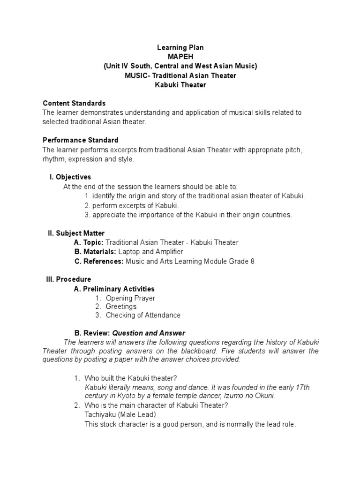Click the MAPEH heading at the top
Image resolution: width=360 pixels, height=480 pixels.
[180, 57]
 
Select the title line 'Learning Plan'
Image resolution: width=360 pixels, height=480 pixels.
[180, 48]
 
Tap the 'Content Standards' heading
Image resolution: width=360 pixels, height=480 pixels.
[74, 103]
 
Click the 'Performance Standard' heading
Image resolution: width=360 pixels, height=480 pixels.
[80, 140]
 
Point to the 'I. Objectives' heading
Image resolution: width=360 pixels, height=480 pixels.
[70, 177]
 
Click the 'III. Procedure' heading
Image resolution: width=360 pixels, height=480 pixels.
[68, 279]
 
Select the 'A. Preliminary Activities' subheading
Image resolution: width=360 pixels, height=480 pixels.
[114, 289]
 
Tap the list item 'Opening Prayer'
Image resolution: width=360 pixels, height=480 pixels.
[130, 298]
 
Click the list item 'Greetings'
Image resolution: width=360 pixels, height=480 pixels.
[121, 307]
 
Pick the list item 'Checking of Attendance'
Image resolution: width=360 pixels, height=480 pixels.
[143, 315]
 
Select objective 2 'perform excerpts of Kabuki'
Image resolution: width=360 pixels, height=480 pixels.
[132, 205]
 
